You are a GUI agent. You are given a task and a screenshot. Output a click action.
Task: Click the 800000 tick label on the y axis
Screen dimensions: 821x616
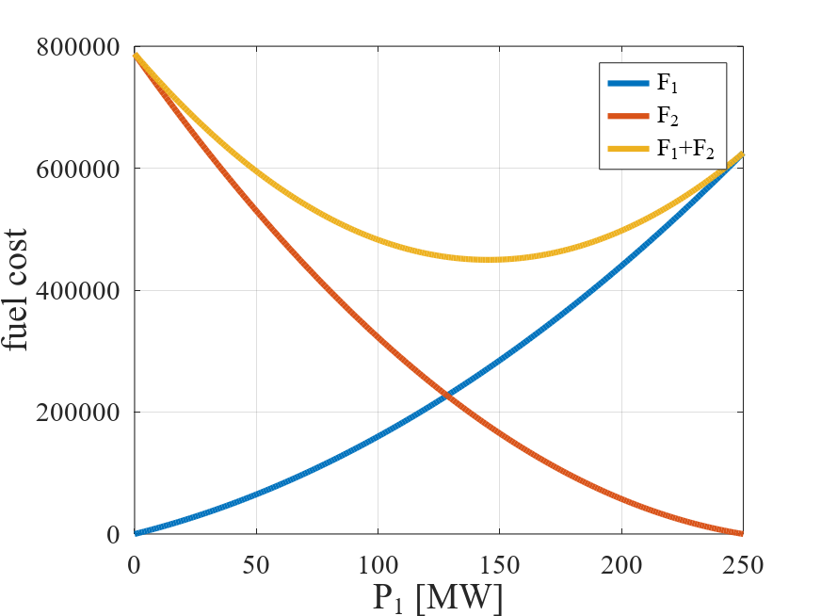tap(78, 47)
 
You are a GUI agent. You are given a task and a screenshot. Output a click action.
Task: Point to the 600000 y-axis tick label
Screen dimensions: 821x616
tap(78, 169)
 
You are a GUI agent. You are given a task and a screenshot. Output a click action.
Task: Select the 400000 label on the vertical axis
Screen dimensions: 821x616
tap(78, 290)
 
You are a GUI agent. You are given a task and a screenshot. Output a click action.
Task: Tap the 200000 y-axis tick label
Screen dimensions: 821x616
tap(78, 413)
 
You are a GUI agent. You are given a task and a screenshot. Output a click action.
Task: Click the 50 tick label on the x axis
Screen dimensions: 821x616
tap(256, 565)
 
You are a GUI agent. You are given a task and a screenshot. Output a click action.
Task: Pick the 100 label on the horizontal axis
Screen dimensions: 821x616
tap(378, 565)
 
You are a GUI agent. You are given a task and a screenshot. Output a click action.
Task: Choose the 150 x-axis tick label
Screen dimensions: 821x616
tap(499, 565)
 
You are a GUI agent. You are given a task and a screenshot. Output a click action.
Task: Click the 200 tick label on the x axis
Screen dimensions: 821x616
tap(621, 565)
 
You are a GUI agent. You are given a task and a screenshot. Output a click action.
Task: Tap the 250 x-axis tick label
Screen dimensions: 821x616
tap(743, 565)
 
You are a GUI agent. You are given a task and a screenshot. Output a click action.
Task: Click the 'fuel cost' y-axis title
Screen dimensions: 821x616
tap(15, 290)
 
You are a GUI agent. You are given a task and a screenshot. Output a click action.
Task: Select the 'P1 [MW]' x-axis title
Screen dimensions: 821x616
tap(437, 598)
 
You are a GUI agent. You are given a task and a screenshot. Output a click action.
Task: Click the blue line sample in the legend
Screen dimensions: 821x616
tap(628, 83)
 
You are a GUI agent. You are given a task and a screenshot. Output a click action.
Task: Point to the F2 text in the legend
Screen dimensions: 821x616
tap(668, 116)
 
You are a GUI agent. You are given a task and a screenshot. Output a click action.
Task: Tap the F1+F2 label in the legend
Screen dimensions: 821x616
tap(685, 149)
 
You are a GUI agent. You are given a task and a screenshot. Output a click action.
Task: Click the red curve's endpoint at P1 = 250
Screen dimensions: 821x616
tap(742, 533)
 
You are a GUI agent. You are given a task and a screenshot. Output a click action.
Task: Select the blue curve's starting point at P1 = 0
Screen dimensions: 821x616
tap(135, 533)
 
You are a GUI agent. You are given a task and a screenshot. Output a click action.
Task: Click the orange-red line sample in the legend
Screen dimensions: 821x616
tap(628, 116)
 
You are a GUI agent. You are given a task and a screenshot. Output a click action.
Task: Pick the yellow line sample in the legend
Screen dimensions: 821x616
tap(628, 149)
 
